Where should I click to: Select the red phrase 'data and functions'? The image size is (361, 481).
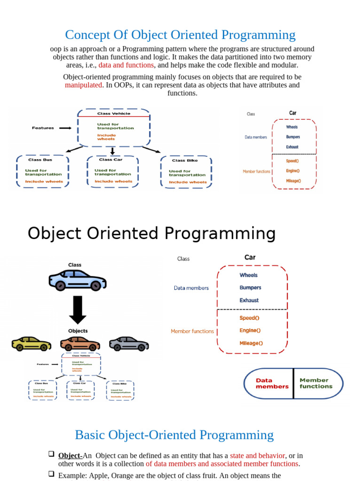pos(126,65)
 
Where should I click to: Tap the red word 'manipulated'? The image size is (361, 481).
pos(83,85)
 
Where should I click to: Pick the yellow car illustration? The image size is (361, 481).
pos(31,344)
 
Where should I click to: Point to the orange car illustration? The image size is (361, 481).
pos(80,344)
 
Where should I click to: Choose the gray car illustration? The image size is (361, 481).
pos(129,343)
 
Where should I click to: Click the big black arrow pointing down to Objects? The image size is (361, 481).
pos(78,310)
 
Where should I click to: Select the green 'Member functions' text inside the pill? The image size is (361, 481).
pos(316,383)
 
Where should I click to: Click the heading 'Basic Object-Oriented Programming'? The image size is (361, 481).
pos(174,435)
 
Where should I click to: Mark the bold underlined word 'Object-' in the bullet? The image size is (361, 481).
pos(70,456)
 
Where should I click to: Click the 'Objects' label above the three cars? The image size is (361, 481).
pos(78,331)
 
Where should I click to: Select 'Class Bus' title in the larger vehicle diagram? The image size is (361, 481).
pos(41,160)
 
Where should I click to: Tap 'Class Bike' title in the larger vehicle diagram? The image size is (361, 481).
pos(185,161)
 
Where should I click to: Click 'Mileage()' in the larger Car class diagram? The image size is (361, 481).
pos(251,343)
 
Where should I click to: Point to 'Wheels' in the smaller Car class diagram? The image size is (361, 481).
pos(291,127)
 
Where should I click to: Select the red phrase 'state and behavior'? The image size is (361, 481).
pos(257,456)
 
